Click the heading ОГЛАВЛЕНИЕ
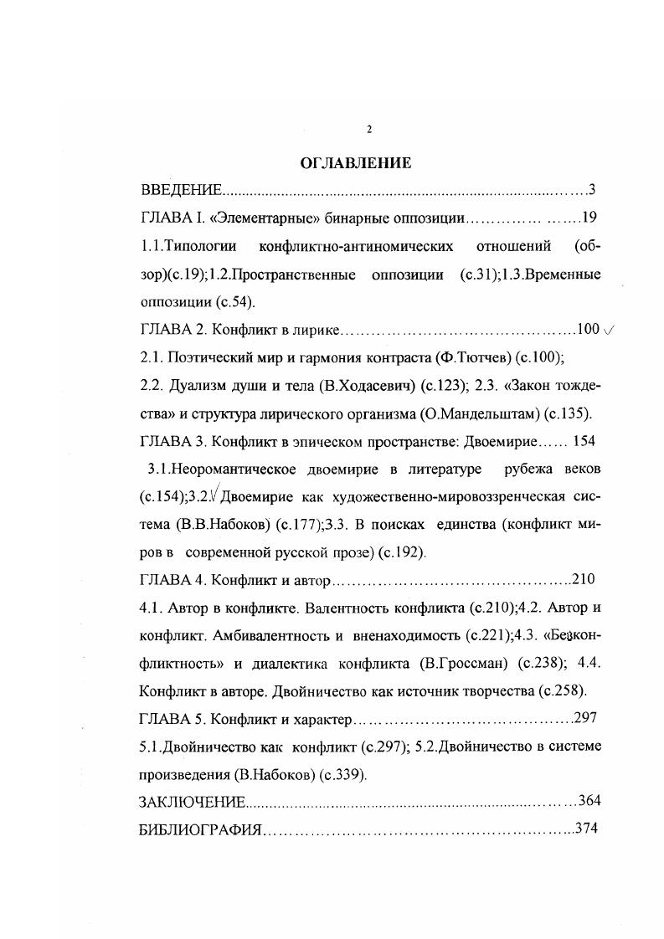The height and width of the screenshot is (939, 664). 356,164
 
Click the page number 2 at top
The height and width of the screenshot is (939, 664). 368,129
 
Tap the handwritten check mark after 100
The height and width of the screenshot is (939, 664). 609,330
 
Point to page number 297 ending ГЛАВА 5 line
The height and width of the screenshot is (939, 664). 587,718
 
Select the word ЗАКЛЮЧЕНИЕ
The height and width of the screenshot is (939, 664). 191,802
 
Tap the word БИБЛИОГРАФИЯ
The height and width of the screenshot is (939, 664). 199,829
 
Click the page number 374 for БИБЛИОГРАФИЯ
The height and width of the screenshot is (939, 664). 587,829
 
